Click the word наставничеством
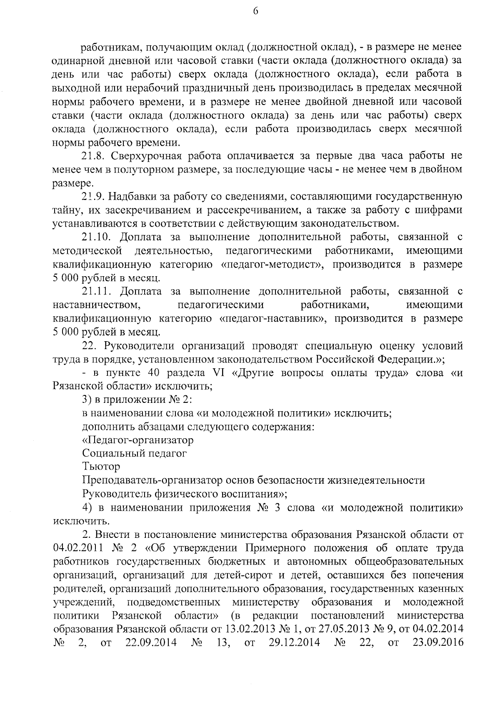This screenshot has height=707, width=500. coord(96,305)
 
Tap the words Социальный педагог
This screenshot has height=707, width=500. coord(134,453)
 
